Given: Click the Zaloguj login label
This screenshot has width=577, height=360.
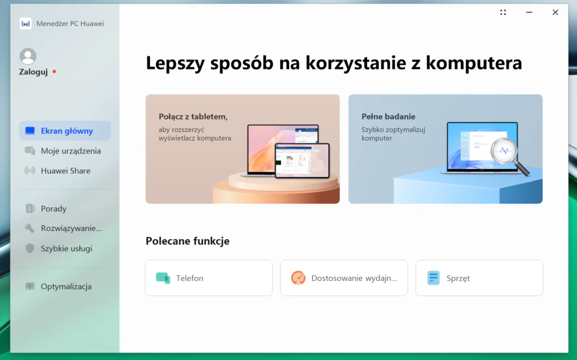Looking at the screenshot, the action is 33,72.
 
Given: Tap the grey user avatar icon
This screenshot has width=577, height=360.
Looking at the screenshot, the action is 28,56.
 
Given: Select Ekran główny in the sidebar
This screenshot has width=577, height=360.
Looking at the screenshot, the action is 65,131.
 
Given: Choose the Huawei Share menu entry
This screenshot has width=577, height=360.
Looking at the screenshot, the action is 65,171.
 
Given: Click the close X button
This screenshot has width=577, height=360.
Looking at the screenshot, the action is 555,12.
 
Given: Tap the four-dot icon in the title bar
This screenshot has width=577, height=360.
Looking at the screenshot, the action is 503,12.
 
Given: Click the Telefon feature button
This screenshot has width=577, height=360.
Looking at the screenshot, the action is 209,278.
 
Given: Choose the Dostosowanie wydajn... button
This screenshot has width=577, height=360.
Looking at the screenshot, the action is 344,278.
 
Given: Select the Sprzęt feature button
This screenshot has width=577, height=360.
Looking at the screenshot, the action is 479,278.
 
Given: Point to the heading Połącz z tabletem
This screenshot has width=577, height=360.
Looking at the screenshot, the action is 193,117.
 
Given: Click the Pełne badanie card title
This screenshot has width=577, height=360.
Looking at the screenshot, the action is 388,117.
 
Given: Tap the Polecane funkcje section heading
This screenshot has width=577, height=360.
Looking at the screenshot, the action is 188,241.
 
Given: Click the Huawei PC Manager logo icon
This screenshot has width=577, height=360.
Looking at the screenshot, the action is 25,24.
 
